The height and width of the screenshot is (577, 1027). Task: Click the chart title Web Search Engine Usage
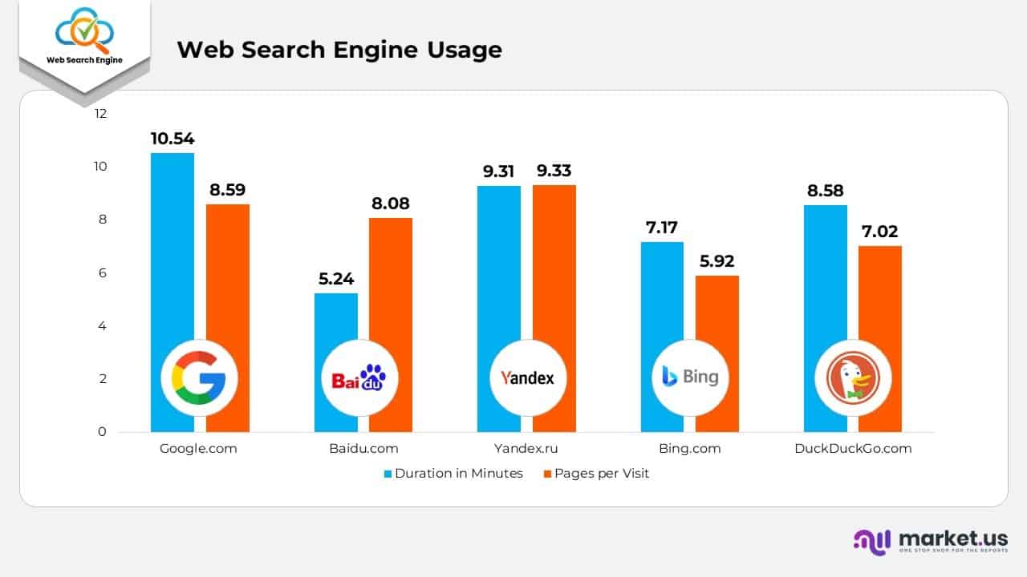(x=339, y=50)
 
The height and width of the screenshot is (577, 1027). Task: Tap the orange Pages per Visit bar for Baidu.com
(x=391, y=288)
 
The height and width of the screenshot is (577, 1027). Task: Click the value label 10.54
(x=173, y=139)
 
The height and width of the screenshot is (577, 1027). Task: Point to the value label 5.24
(x=335, y=279)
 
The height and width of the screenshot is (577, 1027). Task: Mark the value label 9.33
(x=554, y=171)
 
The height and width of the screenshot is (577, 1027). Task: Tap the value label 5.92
(x=716, y=261)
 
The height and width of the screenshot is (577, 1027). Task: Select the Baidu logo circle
(x=359, y=377)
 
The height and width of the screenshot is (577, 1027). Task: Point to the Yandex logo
(x=527, y=377)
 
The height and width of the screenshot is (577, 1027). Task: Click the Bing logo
(x=690, y=377)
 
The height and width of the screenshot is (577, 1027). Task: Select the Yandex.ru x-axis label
(x=526, y=449)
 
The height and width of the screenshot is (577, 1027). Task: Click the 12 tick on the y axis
(x=100, y=114)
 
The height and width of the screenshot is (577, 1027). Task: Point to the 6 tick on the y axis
(x=102, y=273)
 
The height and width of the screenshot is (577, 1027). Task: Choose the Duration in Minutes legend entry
(x=453, y=474)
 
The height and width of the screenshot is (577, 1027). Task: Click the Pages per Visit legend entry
(x=596, y=474)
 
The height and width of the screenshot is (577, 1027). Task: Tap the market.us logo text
(x=953, y=538)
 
